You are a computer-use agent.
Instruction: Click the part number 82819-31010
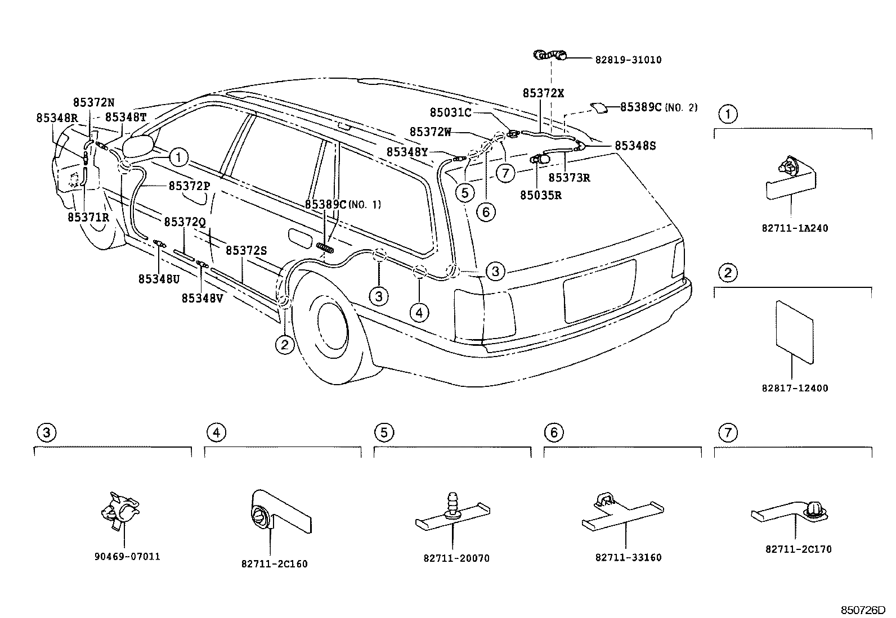pos(628,60)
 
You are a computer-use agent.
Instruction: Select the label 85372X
pos(543,93)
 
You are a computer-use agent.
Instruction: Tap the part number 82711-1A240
pos(795,229)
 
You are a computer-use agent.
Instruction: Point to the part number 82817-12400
pos(795,388)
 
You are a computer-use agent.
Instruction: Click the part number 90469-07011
pos(127,557)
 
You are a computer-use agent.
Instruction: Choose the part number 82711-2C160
pos(274,563)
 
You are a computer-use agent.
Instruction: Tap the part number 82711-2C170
pos(798,549)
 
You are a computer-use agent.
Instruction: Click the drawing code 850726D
pos(863,610)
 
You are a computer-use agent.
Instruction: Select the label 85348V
pos(202,299)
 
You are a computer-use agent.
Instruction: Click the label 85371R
pos(88,217)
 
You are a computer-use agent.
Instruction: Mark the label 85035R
pos(540,195)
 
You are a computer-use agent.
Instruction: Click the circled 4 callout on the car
pos(419,312)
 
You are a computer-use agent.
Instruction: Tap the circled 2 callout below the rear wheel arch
pos(285,344)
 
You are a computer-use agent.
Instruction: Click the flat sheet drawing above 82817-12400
pos(794,331)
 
